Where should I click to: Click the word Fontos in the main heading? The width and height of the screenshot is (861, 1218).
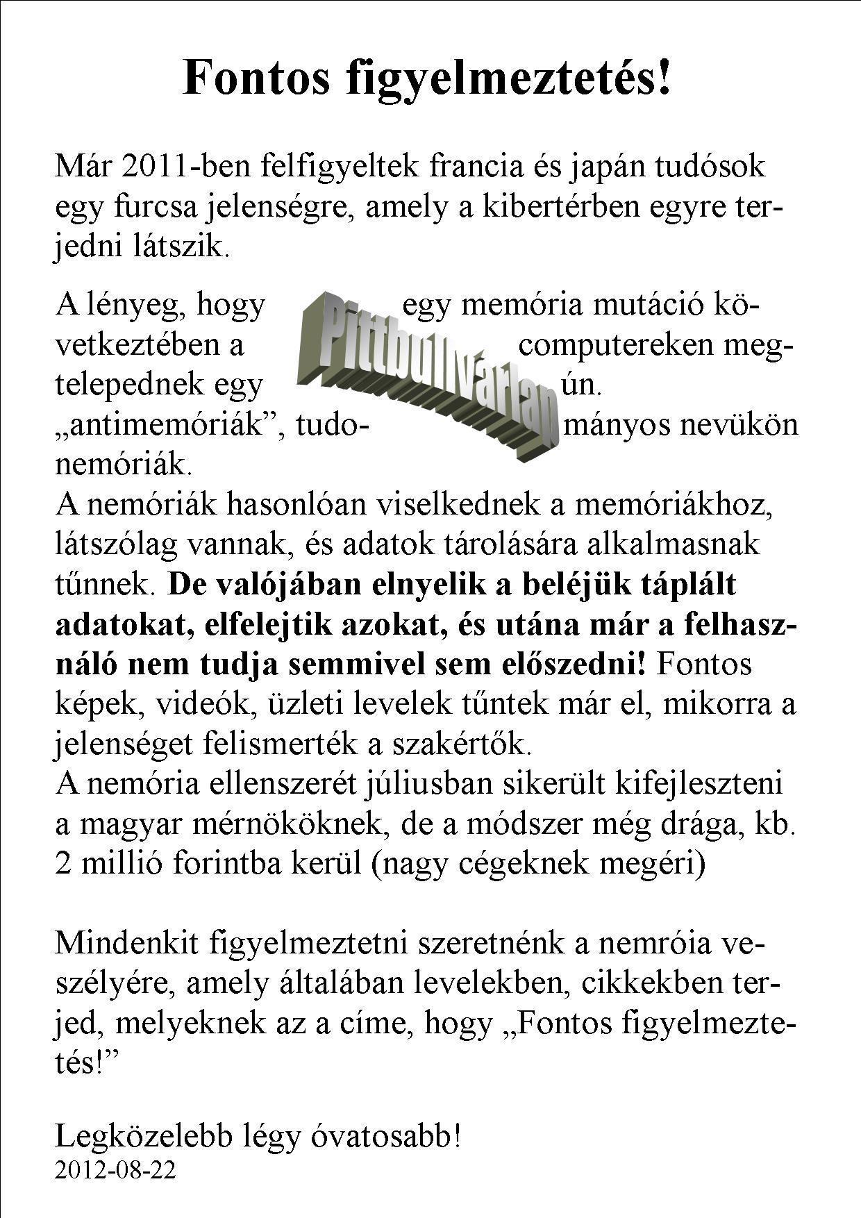coord(256,78)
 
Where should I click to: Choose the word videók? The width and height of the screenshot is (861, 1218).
coord(208,705)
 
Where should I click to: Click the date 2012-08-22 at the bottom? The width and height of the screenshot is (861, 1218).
coord(115,1170)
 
